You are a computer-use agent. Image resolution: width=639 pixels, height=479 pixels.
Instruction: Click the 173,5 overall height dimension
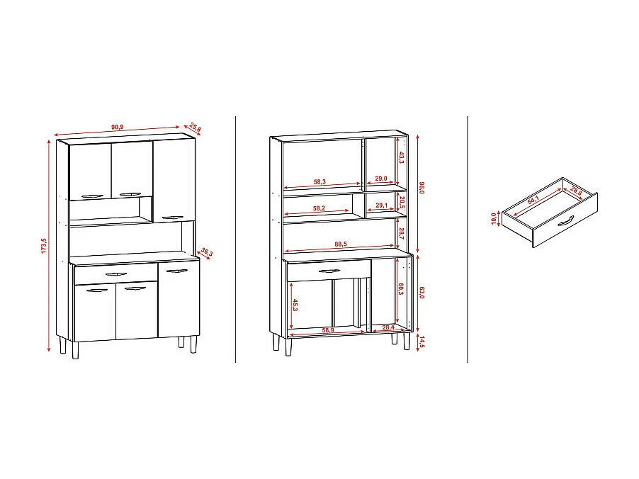click(x=44, y=246)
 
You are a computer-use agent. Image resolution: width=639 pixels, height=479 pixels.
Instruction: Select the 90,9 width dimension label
click(x=117, y=127)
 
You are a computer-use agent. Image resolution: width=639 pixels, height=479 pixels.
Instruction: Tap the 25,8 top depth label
click(x=195, y=128)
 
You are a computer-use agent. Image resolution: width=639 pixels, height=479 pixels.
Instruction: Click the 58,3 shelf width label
click(x=319, y=183)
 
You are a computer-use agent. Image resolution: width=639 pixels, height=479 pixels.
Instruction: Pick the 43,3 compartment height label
click(x=400, y=158)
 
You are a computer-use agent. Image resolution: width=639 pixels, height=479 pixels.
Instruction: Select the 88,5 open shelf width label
click(x=341, y=245)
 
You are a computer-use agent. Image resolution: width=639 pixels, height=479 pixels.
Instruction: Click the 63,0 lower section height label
click(x=422, y=292)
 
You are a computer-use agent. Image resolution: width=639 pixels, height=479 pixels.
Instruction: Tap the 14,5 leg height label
click(x=422, y=342)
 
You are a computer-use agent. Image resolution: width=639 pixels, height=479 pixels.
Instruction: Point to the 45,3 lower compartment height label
click(x=295, y=305)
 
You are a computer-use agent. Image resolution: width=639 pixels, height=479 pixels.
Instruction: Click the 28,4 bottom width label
click(x=388, y=327)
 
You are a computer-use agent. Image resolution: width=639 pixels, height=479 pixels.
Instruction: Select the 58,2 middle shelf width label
click(x=319, y=209)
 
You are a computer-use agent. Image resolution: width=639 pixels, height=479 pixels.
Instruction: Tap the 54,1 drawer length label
click(x=533, y=201)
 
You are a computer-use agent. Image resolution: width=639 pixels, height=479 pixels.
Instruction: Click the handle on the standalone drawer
click(x=564, y=223)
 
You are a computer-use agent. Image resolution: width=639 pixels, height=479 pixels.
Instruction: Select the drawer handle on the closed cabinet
click(x=115, y=273)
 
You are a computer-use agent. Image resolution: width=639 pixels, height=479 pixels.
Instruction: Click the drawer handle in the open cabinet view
click(x=329, y=270)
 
